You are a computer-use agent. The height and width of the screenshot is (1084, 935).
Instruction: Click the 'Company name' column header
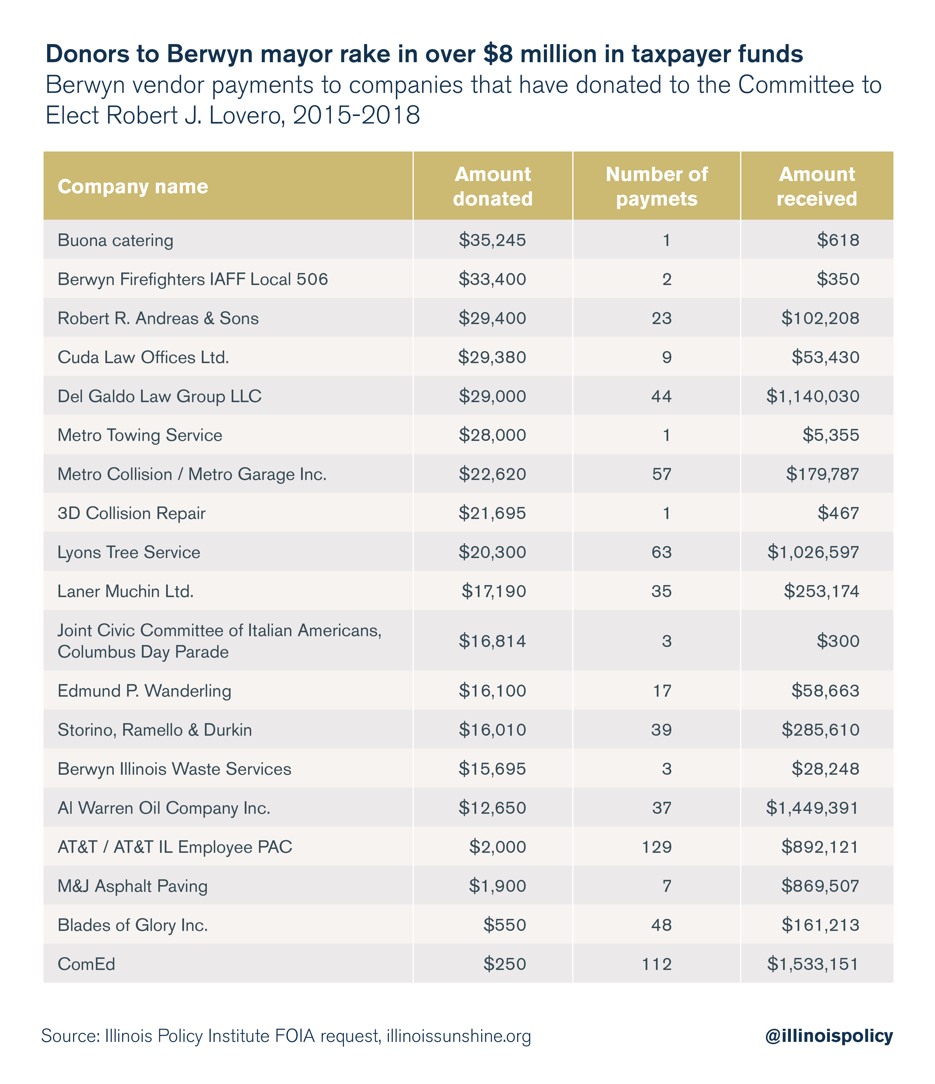[133, 187]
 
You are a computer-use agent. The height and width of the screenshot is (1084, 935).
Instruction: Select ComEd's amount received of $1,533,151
[813, 964]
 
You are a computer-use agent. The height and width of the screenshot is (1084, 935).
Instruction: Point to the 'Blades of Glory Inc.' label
[133, 925]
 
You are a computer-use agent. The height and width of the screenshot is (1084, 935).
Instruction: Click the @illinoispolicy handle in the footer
[829, 1036]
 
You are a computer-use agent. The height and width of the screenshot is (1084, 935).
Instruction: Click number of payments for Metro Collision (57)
[662, 474]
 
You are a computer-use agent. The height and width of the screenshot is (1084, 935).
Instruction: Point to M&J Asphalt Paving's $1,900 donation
[497, 886]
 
